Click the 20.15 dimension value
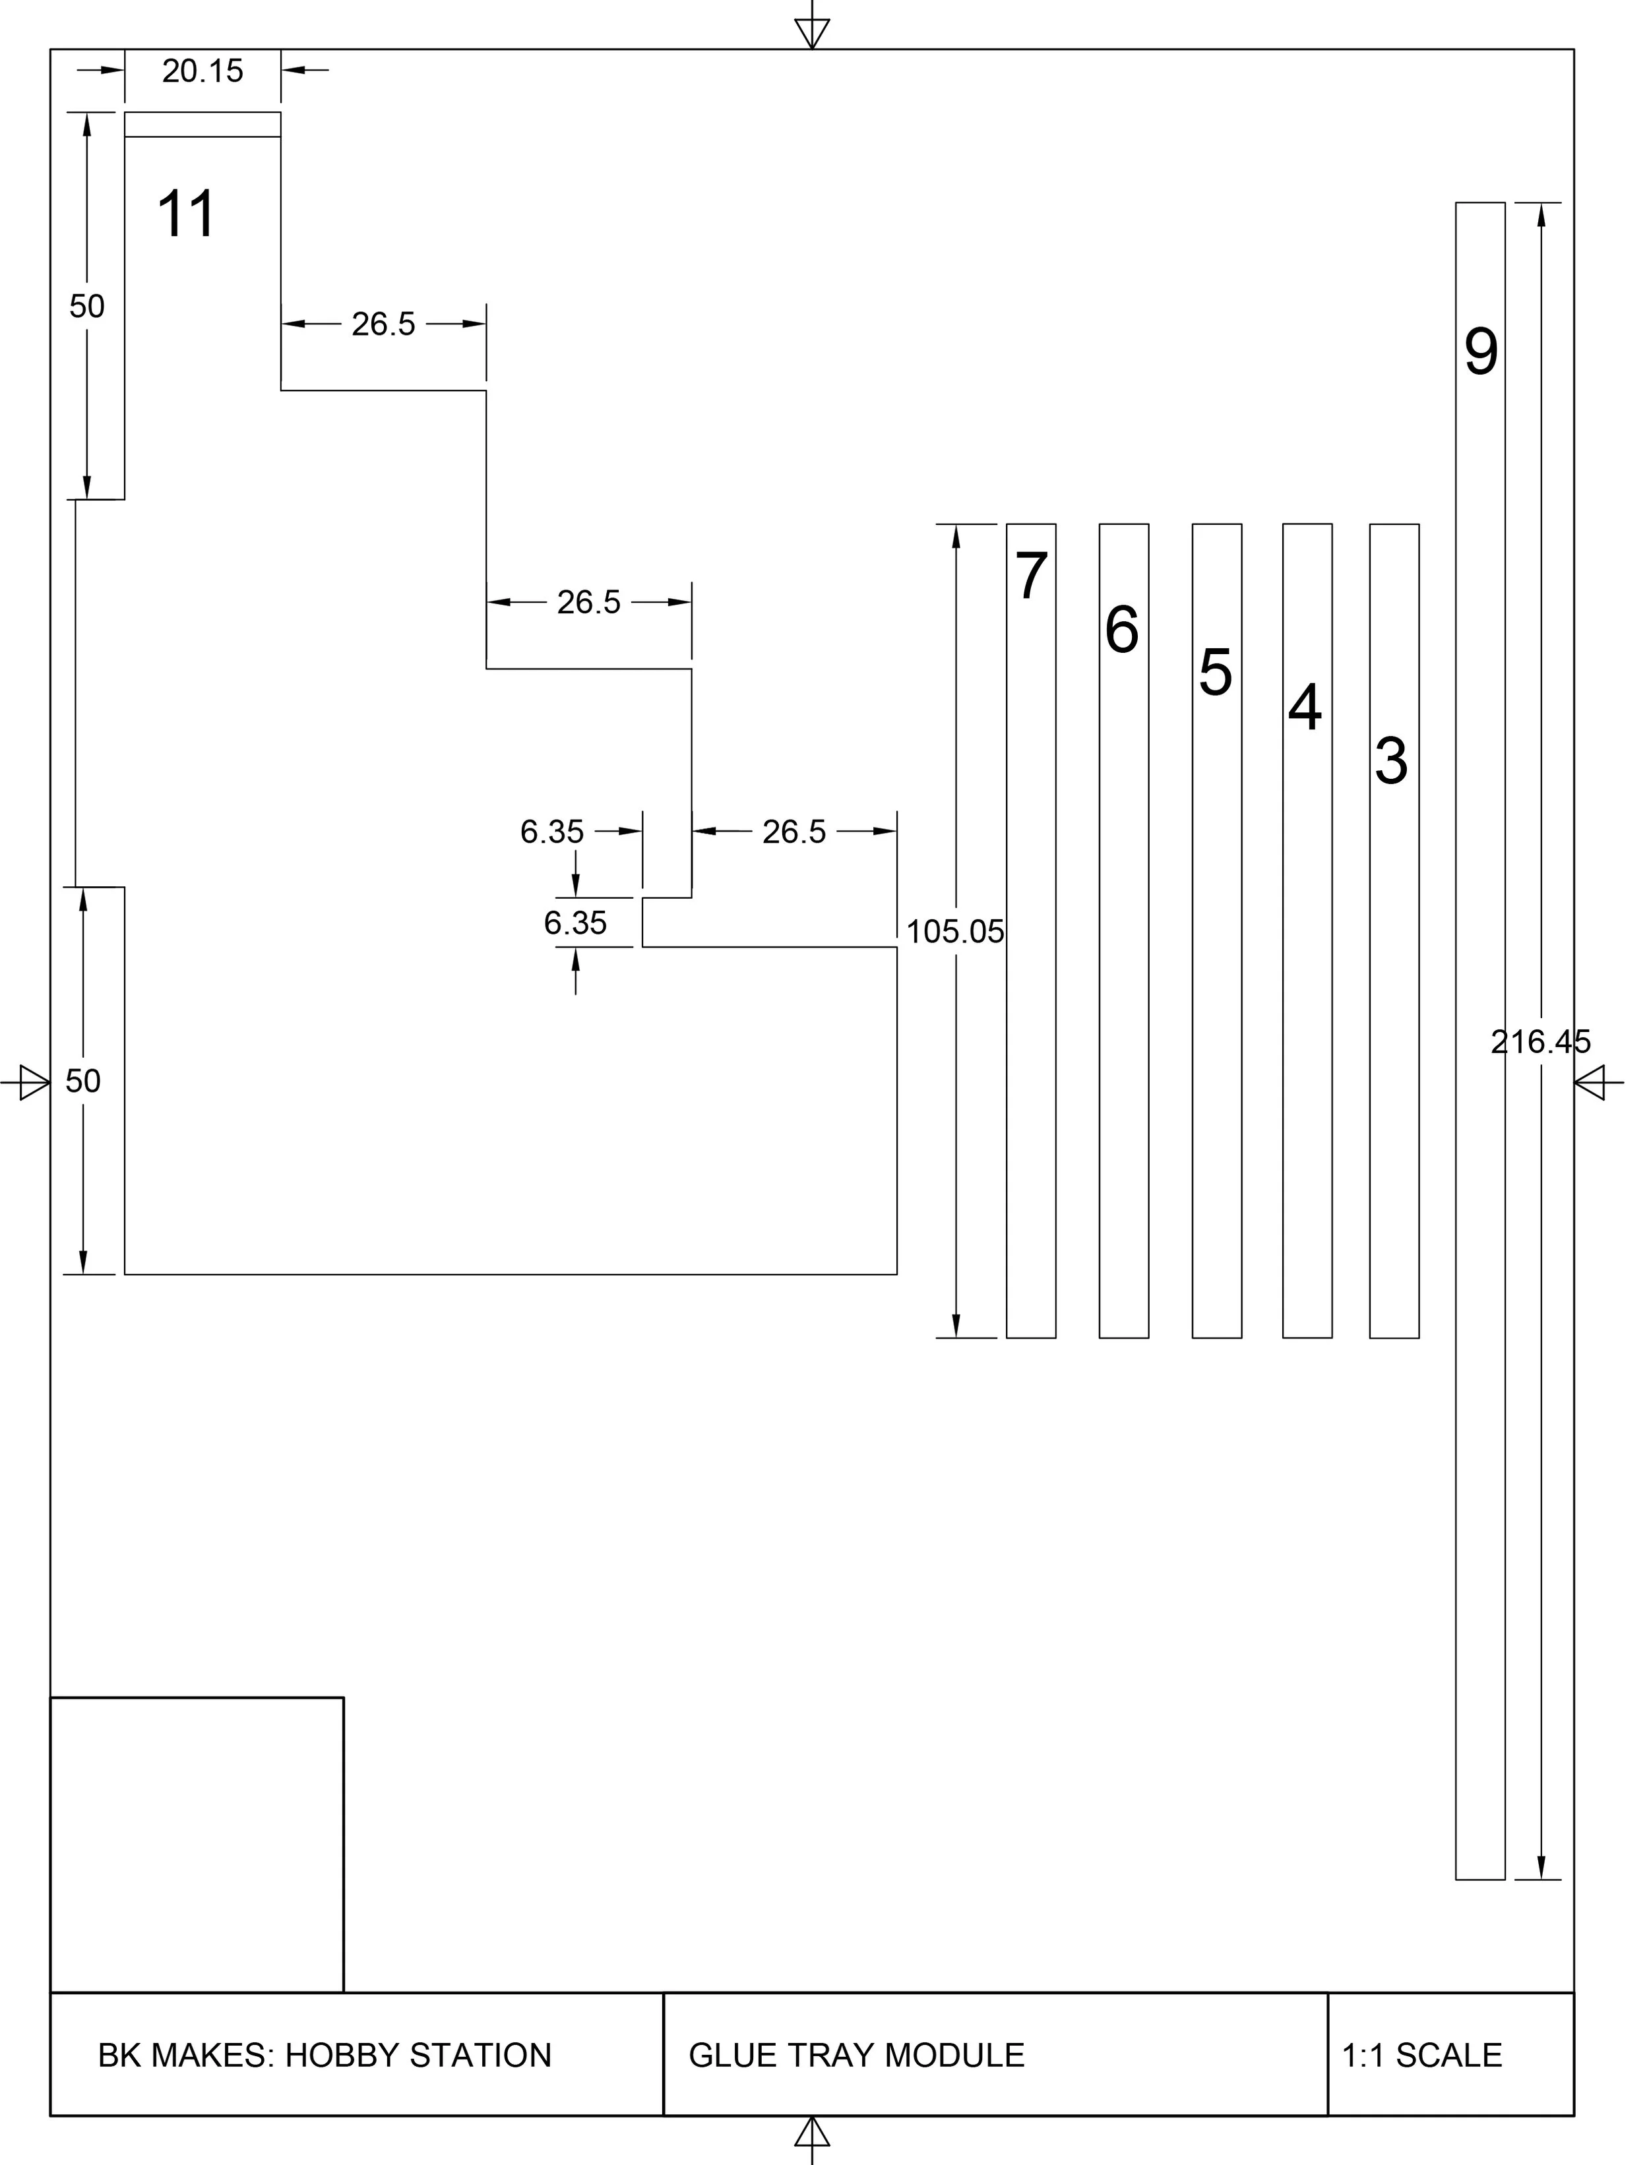pyautogui.click(x=202, y=71)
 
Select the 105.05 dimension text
pyautogui.click(x=955, y=931)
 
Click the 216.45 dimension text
pyautogui.click(x=1540, y=1041)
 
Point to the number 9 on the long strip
pyautogui.click(x=1481, y=351)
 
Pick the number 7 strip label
pyautogui.click(x=1030, y=576)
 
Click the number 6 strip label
pyautogui.click(x=1122, y=630)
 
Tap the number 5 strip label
pyautogui.click(x=1215, y=673)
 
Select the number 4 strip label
pyautogui.click(x=1305, y=708)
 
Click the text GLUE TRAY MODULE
pyautogui.click(x=856, y=2055)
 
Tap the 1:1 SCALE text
pyautogui.click(x=1421, y=2055)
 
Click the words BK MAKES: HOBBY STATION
pyautogui.click(x=325, y=2055)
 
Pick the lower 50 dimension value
pyautogui.click(x=82, y=1082)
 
